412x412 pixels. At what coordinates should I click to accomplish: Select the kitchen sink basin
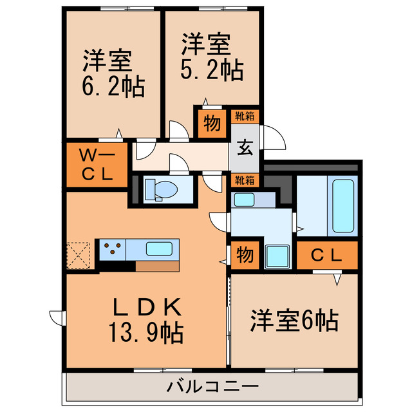coord(158,248)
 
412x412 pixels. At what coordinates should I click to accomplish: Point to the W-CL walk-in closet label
coord(96,164)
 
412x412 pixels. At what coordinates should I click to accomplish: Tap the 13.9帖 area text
coord(144,333)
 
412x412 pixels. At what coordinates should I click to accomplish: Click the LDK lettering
coord(144,306)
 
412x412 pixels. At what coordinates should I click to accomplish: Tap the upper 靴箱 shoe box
coord(245,117)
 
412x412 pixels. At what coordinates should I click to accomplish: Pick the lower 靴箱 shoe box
coord(245,179)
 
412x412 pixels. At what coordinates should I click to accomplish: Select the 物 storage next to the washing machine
coord(245,256)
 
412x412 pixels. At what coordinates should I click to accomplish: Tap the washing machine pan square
coord(277,256)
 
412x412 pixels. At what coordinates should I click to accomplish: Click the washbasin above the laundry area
coord(246,199)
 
